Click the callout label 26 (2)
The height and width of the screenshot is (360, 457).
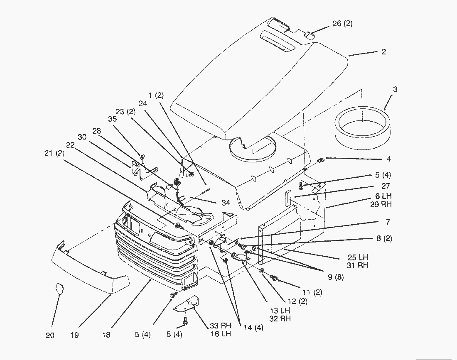tap(342, 24)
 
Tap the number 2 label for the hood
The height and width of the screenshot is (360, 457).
tap(383, 52)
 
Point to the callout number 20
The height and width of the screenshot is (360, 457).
tap(50, 336)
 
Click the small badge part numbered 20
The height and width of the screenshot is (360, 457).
tap(59, 288)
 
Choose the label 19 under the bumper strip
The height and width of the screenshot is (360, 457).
tap(75, 335)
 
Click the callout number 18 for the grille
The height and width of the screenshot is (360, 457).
tap(106, 335)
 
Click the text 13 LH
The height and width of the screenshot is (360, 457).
tap(280, 311)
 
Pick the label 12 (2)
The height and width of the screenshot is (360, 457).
tap(297, 301)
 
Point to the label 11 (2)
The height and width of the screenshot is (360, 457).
tap(312, 292)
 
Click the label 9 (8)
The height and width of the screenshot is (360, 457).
tap(335, 277)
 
